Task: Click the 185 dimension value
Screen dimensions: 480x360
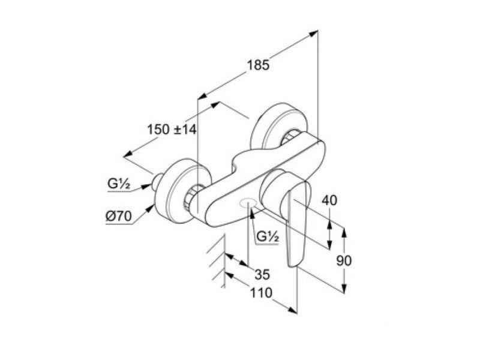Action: coord(259,65)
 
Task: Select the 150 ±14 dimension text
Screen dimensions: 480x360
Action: coord(172,130)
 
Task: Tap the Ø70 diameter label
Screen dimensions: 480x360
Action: coord(118,217)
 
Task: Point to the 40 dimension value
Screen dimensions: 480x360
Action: coord(329,200)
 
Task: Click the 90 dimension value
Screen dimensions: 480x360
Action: coord(344,261)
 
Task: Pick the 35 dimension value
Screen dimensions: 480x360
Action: coord(262,275)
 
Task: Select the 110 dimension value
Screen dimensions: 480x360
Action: coord(261,293)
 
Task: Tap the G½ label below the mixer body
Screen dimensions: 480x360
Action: coord(268,236)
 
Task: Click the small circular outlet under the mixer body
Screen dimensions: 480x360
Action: coord(248,203)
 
